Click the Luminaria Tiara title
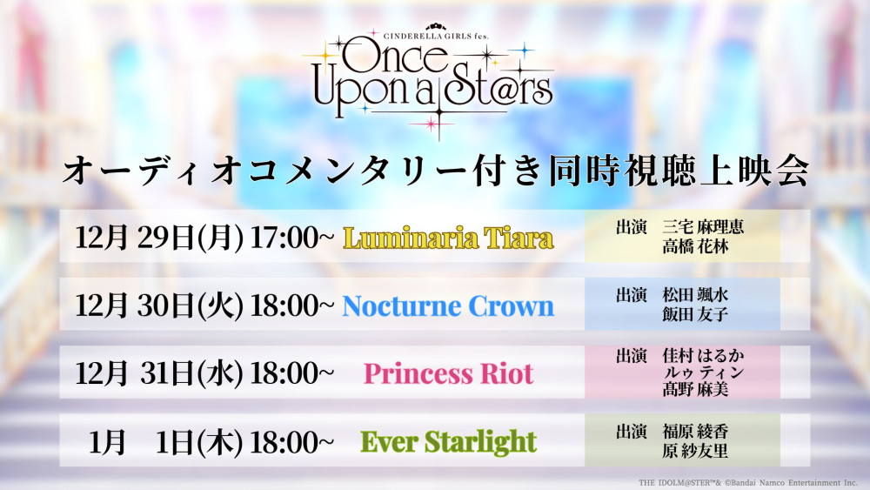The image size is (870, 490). click(x=448, y=238)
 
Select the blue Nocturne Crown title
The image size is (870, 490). click(x=448, y=305)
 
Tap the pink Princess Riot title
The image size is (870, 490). click(x=448, y=373)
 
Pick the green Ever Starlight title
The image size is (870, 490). click(x=448, y=441)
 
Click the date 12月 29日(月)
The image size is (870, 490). click(x=159, y=238)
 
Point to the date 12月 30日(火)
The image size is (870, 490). click(x=159, y=305)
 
